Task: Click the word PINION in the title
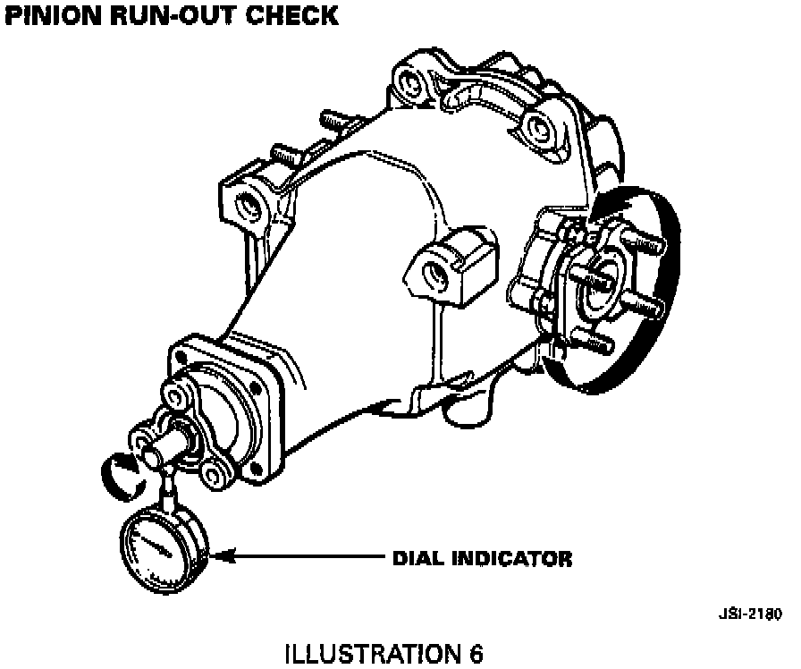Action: click(x=53, y=15)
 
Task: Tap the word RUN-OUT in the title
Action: click(x=173, y=15)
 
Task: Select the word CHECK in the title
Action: click(x=291, y=15)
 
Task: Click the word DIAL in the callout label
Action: click(x=419, y=558)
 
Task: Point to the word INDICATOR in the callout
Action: click(x=512, y=558)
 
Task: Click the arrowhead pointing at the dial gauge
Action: click(x=224, y=556)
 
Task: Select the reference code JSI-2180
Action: click(x=750, y=614)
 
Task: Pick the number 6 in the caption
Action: click(x=475, y=654)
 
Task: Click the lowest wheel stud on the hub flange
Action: click(x=590, y=340)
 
